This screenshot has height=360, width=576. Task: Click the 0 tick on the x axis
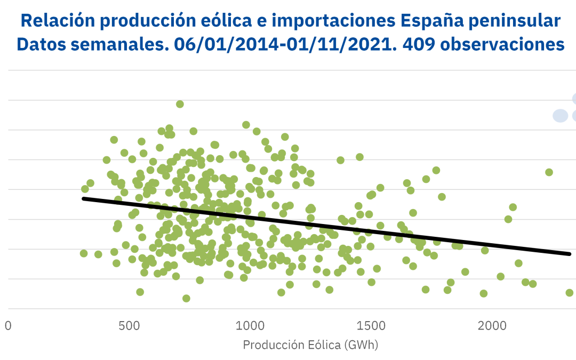click(8, 325)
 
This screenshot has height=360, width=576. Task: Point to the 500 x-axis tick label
click(130, 325)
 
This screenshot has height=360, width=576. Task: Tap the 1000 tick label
click(250, 325)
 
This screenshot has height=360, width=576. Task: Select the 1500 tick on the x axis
click(371, 325)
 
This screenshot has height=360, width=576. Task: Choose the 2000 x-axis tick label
click(492, 325)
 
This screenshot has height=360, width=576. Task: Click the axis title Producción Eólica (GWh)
click(310, 345)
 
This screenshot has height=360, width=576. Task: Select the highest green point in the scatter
click(180, 104)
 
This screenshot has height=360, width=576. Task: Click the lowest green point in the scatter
click(186, 298)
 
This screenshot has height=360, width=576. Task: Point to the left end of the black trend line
click(83, 198)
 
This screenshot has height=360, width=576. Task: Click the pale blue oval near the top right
click(560, 115)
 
